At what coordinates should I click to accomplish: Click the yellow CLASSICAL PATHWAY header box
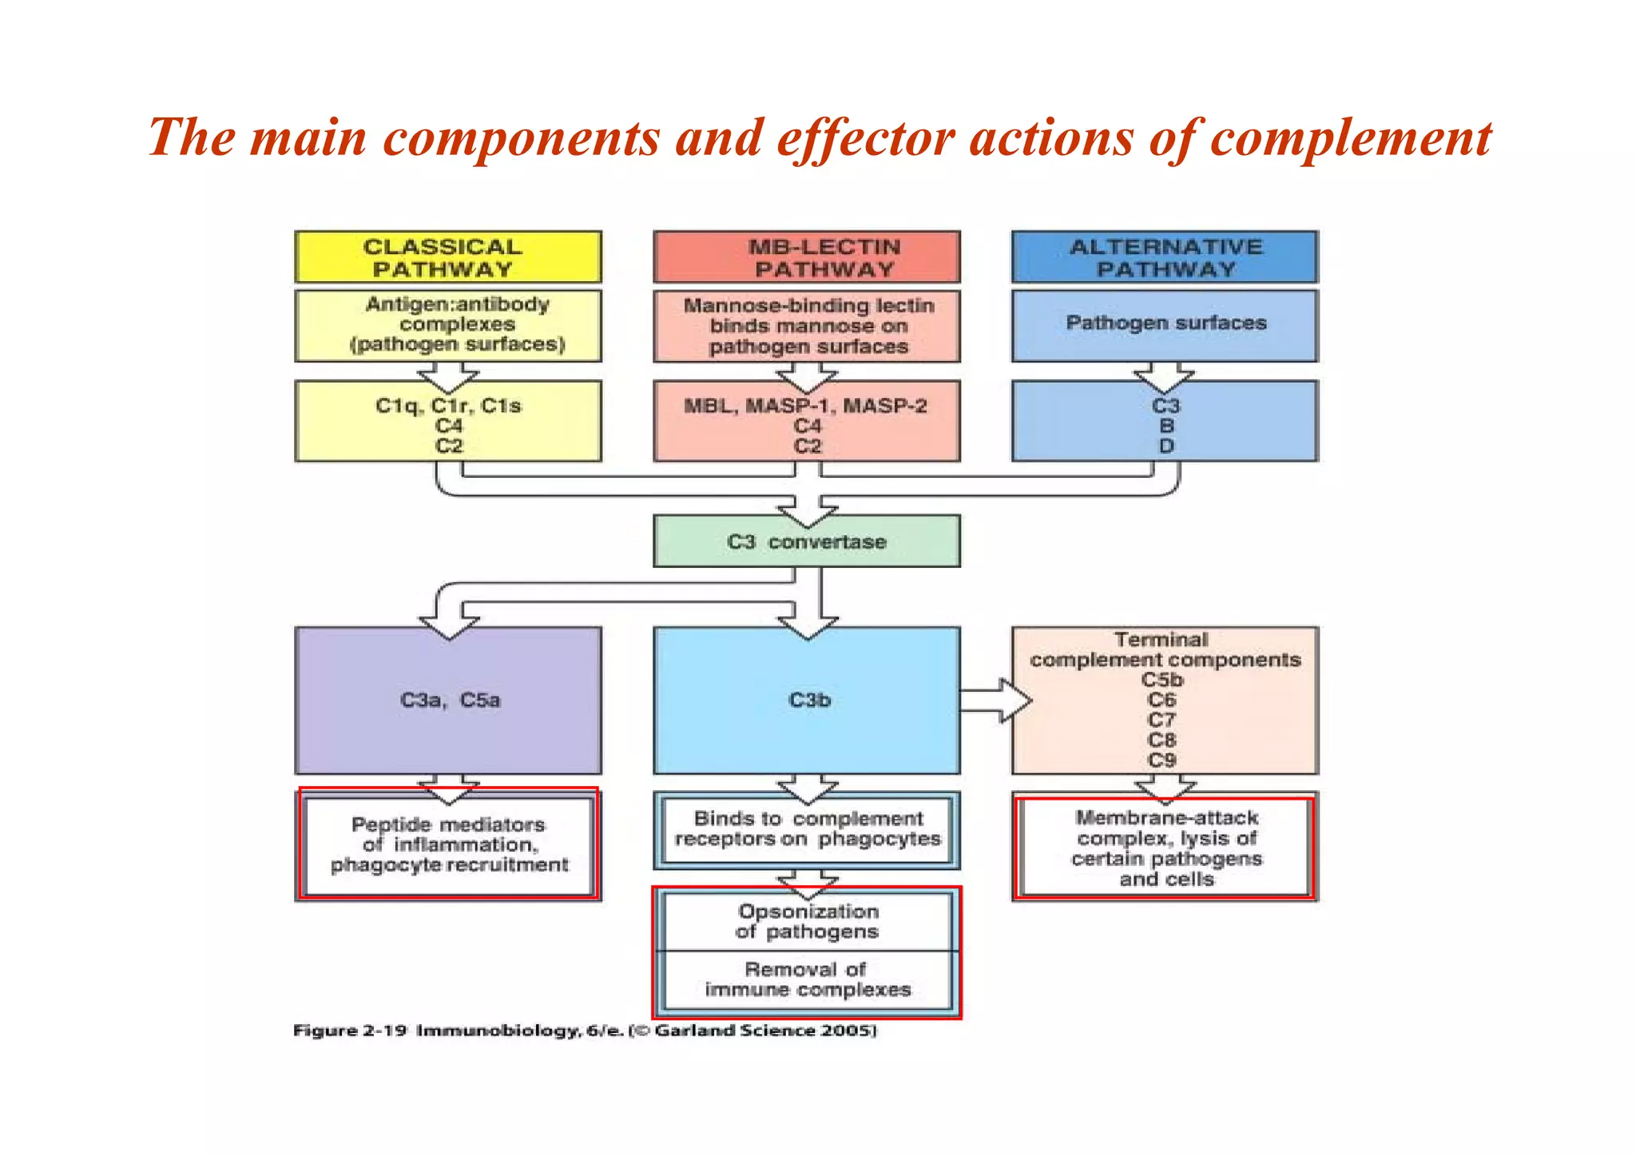pyautogui.click(x=447, y=257)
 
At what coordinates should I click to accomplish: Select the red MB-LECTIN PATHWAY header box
pyautogui.click(x=807, y=257)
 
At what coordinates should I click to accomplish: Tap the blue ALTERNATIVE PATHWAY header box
pyautogui.click(x=1165, y=257)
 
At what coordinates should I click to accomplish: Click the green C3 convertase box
pyautogui.click(x=807, y=542)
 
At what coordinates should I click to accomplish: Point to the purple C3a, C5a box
pyautogui.click(x=448, y=701)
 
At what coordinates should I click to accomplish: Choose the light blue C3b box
pyautogui.click(x=807, y=701)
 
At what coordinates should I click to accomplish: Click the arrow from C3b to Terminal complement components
pyautogui.click(x=995, y=701)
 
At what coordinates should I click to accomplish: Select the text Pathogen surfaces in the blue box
pyautogui.click(x=1165, y=323)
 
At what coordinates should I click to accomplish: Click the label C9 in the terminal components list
pyautogui.click(x=1161, y=760)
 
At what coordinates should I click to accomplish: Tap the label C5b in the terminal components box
pyautogui.click(x=1161, y=680)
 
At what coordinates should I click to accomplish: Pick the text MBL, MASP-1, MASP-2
pyautogui.click(x=805, y=406)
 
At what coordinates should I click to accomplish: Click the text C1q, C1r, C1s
pyautogui.click(x=448, y=406)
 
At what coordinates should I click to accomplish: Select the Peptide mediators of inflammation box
pyautogui.click(x=448, y=845)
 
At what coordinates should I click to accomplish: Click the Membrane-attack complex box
pyautogui.click(x=1165, y=848)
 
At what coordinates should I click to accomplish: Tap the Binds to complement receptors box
pyautogui.click(x=807, y=829)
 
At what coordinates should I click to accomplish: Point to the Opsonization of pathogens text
pyautogui.click(x=807, y=921)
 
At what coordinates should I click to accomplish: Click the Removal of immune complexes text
pyautogui.click(x=807, y=979)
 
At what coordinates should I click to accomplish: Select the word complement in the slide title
pyautogui.click(x=1350, y=137)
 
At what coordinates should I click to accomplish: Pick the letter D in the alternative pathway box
pyautogui.click(x=1165, y=446)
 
